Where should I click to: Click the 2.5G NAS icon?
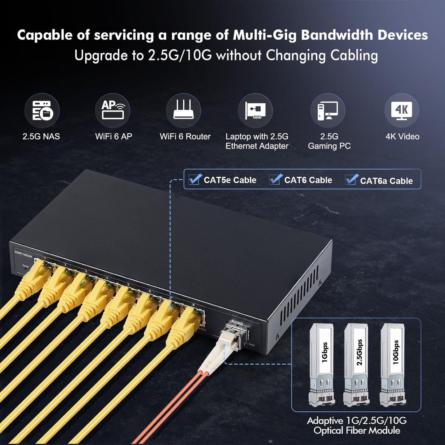point(42,111)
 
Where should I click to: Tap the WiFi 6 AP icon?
point(113,111)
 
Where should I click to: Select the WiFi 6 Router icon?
point(183,111)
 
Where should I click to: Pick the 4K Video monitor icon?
point(401,111)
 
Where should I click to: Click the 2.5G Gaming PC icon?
point(328,111)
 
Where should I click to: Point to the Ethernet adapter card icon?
point(255,111)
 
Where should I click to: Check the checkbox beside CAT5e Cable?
point(195,179)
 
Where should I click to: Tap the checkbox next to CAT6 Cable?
point(276,179)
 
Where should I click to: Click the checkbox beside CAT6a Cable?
point(352,180)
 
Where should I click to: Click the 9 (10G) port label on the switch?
point(237,322)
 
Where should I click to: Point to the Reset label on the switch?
point(26,266)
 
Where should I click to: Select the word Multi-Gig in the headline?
point(265,35)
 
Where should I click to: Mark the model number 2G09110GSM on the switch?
point(23,254)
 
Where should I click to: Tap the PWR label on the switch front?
point(252,345)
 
